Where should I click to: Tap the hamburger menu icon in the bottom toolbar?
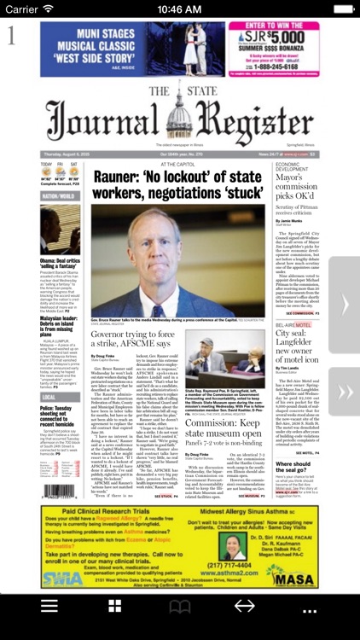(x=50, y=607)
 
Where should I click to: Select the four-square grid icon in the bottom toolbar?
(x=114, y=607)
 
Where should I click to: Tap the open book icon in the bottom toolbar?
(x=180, y=607)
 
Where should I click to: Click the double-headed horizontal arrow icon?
(x=245, y=607)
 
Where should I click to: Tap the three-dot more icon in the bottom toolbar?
(x=310, y=607)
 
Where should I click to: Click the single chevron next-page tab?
(x=345, y=305)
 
